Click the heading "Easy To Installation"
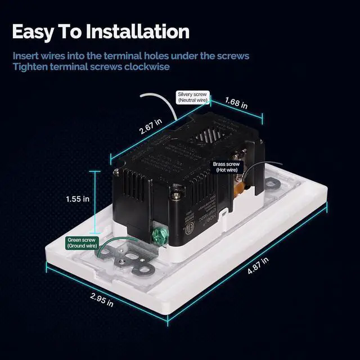point(100,31)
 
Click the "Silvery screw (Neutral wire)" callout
point(193,97)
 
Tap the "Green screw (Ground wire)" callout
point(82,243)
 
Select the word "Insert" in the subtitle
point(26,56)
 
